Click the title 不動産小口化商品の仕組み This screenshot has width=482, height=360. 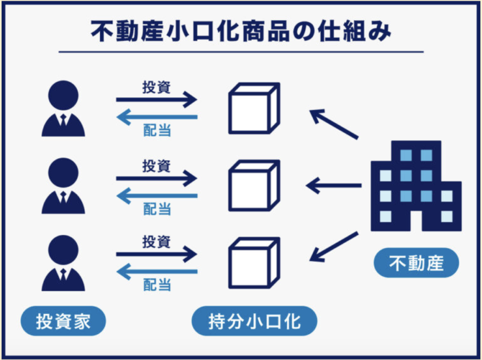coord(241,31)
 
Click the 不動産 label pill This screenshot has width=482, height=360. coord(416,263)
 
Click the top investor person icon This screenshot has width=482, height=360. coord(63,109)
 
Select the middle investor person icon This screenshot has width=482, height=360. coord(63,186)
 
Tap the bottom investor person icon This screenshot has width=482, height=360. coord(63,263)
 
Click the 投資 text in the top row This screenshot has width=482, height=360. coord(156,88)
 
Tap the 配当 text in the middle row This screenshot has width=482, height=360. coord(157,208)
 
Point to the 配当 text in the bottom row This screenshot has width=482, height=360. coord(157,285)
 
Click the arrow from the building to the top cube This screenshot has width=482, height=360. coord(334,124)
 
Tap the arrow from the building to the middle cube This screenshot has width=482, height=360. coord(334,186)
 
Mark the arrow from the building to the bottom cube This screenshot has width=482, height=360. coord(334,247)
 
